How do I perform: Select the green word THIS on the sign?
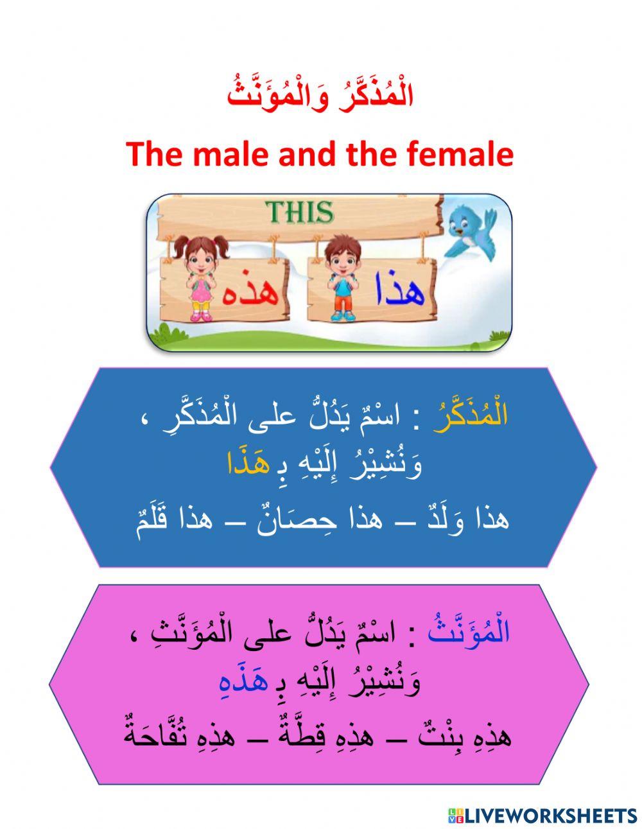coord(301,213)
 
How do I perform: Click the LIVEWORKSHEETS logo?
coord(542,816)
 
